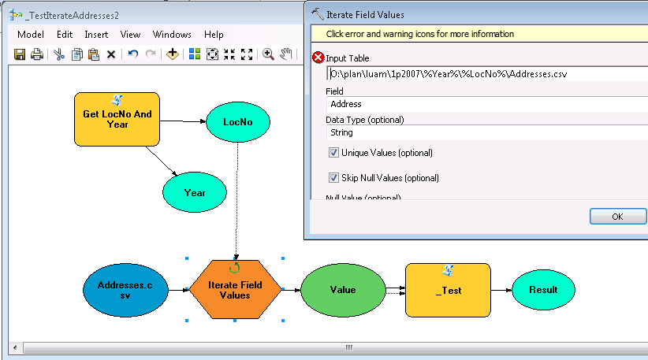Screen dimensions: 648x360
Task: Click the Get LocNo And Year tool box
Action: point(117,119)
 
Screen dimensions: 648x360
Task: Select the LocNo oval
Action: point(238,122)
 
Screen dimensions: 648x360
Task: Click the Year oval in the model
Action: point(195,192)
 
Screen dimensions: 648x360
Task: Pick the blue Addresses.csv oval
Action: point(125,290)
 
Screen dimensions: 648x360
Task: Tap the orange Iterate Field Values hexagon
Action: point(235,289)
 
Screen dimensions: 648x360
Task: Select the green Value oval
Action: point(343,290)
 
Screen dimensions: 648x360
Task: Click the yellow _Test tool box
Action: point(448,290)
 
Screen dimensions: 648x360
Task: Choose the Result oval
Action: point(543,290)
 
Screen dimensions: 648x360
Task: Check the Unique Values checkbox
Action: point(333,153)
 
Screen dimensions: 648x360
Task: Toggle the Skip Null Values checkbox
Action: point(333,178)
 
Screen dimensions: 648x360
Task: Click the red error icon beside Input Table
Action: point(318,58)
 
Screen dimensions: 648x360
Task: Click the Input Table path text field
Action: point(488,74)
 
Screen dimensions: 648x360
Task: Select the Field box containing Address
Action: point(488,104)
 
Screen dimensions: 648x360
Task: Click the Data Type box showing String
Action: point(488,132)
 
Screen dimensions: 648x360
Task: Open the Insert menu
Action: point(96,35)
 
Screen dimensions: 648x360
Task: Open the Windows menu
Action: point(172,35)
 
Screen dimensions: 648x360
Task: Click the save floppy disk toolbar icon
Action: point(20,54)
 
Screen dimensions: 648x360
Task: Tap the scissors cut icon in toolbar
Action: point(59,54)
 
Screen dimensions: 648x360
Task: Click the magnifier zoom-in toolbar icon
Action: point(268,54)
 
